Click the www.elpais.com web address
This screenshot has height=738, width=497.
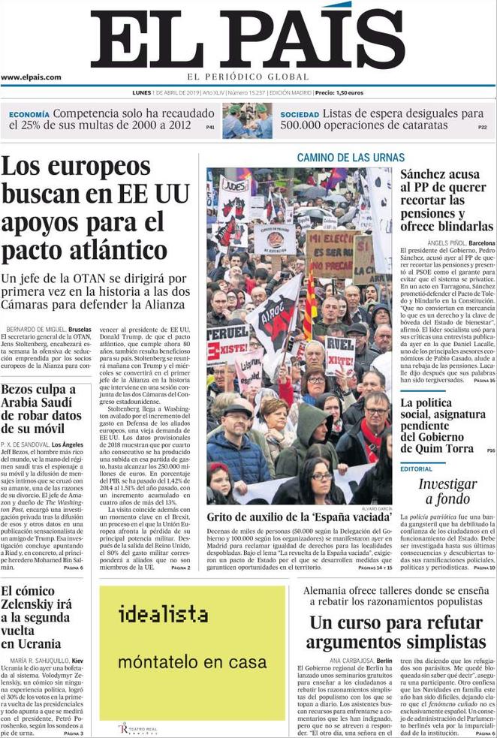(x=32, y=77)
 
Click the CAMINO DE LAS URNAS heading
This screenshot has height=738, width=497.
(x=351, y=158)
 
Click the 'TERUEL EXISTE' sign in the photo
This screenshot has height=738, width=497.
(x=227, y=341)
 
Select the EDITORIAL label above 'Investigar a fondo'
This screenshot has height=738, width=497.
(x=416, y=468)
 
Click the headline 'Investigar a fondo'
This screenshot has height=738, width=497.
(x=447, y=491)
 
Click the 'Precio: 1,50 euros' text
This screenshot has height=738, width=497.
(x=339, y=92)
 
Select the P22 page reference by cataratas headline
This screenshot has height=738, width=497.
(x=483, y=128)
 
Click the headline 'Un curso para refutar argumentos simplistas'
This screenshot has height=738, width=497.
(x=397, y=632)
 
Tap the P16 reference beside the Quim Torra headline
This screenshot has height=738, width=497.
(x=490, y=450)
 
